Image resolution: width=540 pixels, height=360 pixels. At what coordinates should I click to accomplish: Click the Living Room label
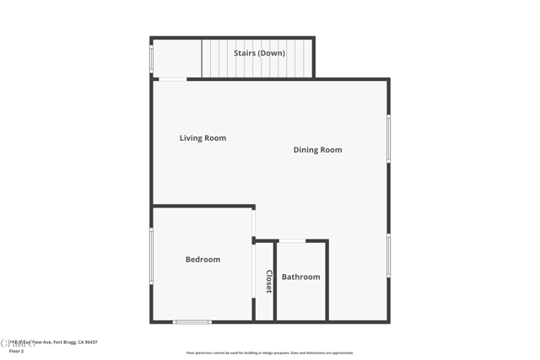[202, 138]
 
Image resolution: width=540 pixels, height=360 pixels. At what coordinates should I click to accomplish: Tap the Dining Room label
[317, 150]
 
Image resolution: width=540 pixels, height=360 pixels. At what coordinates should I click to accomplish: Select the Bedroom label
[202, 260]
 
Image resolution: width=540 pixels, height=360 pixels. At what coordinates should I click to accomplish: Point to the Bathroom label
[300, 277]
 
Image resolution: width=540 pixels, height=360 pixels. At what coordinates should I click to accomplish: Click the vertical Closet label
[269, 282]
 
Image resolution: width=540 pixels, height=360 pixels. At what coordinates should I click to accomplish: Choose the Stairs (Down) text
[259, 53]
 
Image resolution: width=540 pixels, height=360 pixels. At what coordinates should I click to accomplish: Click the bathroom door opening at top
[292, 241]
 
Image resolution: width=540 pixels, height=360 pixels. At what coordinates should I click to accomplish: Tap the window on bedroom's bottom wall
[192, 321]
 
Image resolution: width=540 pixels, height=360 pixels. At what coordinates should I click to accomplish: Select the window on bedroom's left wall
[151, 255]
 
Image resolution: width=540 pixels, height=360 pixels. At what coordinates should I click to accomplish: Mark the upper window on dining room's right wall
[388, 138]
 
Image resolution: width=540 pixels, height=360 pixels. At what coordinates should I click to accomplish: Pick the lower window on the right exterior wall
[388, 255]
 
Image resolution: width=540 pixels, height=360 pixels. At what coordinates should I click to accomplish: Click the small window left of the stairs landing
[151, 58]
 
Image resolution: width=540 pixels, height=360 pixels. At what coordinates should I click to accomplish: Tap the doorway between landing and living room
[173, 79]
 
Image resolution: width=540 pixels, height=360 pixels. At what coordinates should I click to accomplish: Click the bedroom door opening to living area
[253, 223]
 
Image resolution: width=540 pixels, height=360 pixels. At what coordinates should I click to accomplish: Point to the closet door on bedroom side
[253, 271]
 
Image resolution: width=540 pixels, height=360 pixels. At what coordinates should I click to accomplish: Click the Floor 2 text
[16, 351]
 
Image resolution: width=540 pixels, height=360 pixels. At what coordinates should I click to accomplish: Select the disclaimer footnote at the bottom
[270, 353]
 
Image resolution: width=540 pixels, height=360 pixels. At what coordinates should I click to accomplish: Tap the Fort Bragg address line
[55, 342]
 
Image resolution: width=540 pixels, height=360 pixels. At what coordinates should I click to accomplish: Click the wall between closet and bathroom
[275, 282]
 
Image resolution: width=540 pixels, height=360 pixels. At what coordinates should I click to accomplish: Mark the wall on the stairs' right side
[314, 57]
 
